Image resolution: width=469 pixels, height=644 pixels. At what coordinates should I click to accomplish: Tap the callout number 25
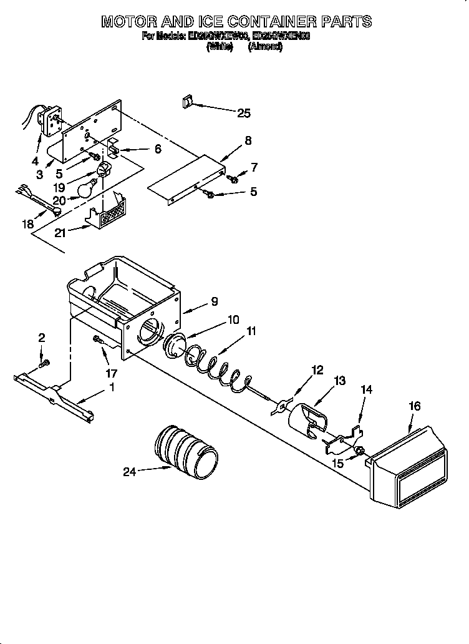pyautogui.click(x=243, y=113)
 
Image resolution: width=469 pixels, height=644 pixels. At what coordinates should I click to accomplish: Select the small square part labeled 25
pyautogui.click(x=186, y=101)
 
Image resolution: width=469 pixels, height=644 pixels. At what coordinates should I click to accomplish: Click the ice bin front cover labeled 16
pyautogui.click(x=409, y=466)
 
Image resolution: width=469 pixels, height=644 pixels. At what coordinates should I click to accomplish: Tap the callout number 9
pyautogui.click(x=214, y=301)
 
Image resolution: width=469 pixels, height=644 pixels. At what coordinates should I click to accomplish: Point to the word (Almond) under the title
pyautogui.click(x=265, y=47)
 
